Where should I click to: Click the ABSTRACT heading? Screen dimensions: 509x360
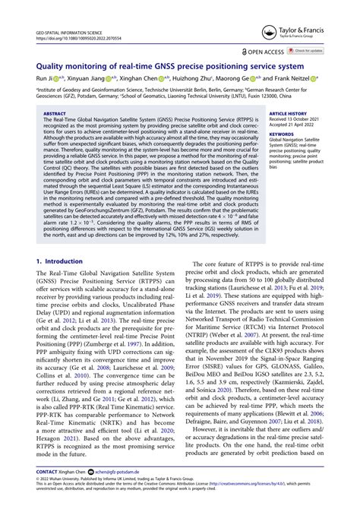[x=57, y=112]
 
